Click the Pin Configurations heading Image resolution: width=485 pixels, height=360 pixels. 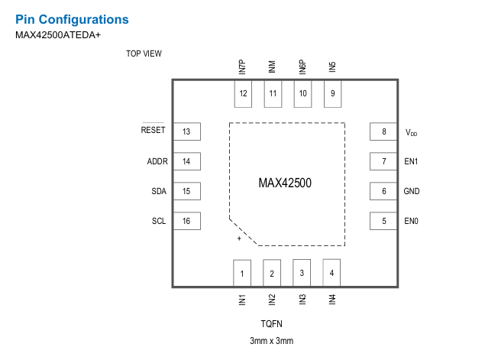click(x=72, y=19)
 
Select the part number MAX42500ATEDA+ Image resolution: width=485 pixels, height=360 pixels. click(x=57, y=34)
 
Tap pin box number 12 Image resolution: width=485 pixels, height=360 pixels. click(x=243, y=94)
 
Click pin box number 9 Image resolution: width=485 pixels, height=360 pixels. click(x=332, y=94)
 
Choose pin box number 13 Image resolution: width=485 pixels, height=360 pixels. click(x=186, y=131)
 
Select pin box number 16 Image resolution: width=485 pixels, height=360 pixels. click(x=186, y=222)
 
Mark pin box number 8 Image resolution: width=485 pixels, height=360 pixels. click(x=383, y=131)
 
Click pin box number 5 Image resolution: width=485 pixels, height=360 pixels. click(x=383, y=222)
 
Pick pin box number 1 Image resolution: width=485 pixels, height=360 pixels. click(x=242, y=272)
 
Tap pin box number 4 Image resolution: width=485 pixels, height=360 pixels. click(x=331, y=272)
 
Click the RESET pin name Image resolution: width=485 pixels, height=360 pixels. click(x=153, y=130)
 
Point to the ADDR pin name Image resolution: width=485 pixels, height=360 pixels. click(x=157, y=161)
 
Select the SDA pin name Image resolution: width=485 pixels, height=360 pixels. click(x=159, y=191)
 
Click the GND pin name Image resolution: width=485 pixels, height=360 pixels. click(x=412, y=191)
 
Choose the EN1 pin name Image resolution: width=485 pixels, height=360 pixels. click(x=411, y=161)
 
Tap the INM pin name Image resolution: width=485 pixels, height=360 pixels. click(x=272, y=67)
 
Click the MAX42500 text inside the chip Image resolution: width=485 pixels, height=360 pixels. click(x=285, y=183)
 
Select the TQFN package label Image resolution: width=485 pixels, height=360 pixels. click(x=271, y=323)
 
